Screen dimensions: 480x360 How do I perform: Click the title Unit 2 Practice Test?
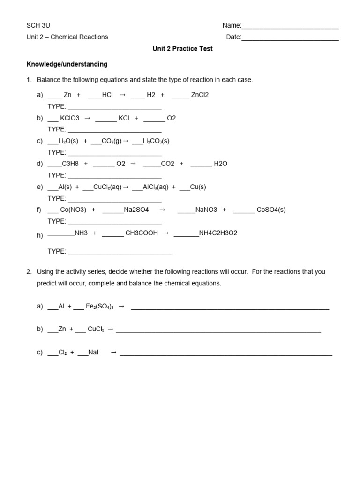click(x=182, y=49)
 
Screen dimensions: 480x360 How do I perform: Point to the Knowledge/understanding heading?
click(x=67, y=64)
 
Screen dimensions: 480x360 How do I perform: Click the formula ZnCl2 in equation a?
click(x=200, y=95)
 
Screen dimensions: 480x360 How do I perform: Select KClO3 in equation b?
click(x=70, y=118)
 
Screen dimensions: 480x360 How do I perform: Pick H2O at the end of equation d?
click(x=220, y=164)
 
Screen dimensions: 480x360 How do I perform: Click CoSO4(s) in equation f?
click(x=271, y=210)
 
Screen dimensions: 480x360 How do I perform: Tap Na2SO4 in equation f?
click(x=136, y=210)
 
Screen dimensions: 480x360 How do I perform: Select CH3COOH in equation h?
click(x=142, y=233)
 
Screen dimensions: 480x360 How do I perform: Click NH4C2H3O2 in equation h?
click(x=218, y=233)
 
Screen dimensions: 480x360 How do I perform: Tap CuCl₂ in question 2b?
click(x=96, y=330)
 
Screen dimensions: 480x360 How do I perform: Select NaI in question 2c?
click(x=93, y=352)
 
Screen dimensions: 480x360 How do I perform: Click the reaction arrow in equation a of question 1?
click(x=123, y=95)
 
